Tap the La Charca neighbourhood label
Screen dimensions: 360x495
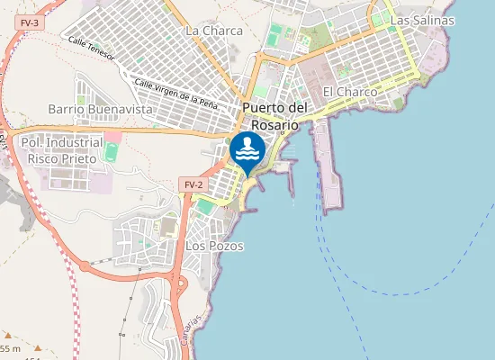point(213,31)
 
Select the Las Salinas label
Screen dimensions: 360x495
point(422,20)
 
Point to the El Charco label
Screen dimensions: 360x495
point(349,92)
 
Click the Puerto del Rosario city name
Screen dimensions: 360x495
point(275,116)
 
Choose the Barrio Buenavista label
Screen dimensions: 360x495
point(100,109)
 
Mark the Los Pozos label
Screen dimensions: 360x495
point(214,245)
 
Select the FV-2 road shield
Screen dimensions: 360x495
point(192,184)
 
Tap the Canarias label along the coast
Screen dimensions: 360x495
point(201,317)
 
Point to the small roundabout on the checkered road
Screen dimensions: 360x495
point(85,266)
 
